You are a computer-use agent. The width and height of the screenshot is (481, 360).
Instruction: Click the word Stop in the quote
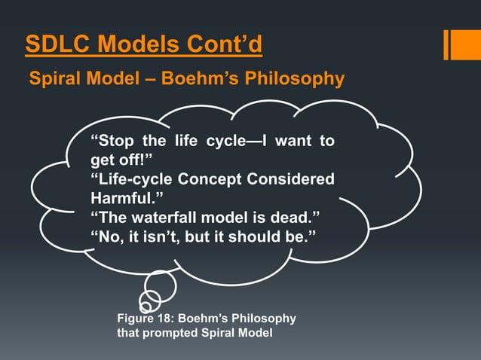pyautogui.click(x=112, y=141)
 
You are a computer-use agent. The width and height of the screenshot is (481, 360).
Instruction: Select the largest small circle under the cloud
pyautogui.click(x=161, y=285)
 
